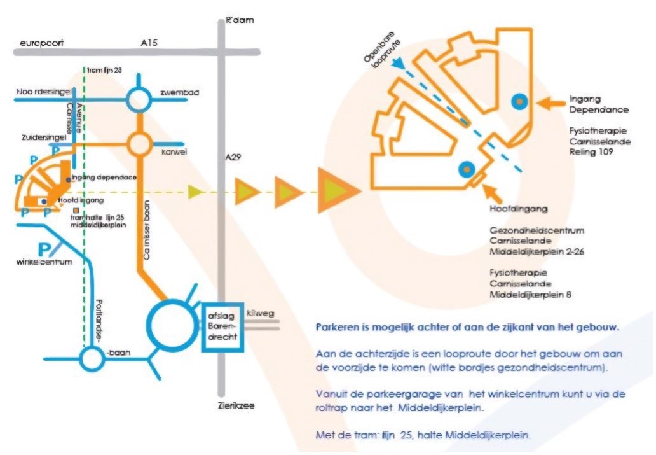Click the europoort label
pyautogui.click(x=42, y=43)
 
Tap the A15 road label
pyautogui.click(x=149, y=42)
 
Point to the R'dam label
pyautogui.click(x=239, y=20)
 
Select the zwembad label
pyautogui.click(x=179, y=92)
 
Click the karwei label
pyautogui.click(x=174, y=151)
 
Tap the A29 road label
pyautogui.click(x=233, y=157)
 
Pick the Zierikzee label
pyautogui.click(x=236, y=405)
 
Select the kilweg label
pyautogui.click(x=260, y=313)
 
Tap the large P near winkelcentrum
pyautogui.click(x=44, y=249)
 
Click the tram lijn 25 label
pyautogui.click(x=104, y=70)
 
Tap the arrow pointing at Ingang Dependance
pyautogui.click(x=550, y=102)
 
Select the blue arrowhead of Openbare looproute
pyautogui.click(x=399, y=63)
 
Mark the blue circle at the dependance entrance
pyautogui.click(x=519, y=101)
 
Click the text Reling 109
pyautogui.click(x=591, y=151)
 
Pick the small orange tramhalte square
pyautogui.click(x=76, y=210)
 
